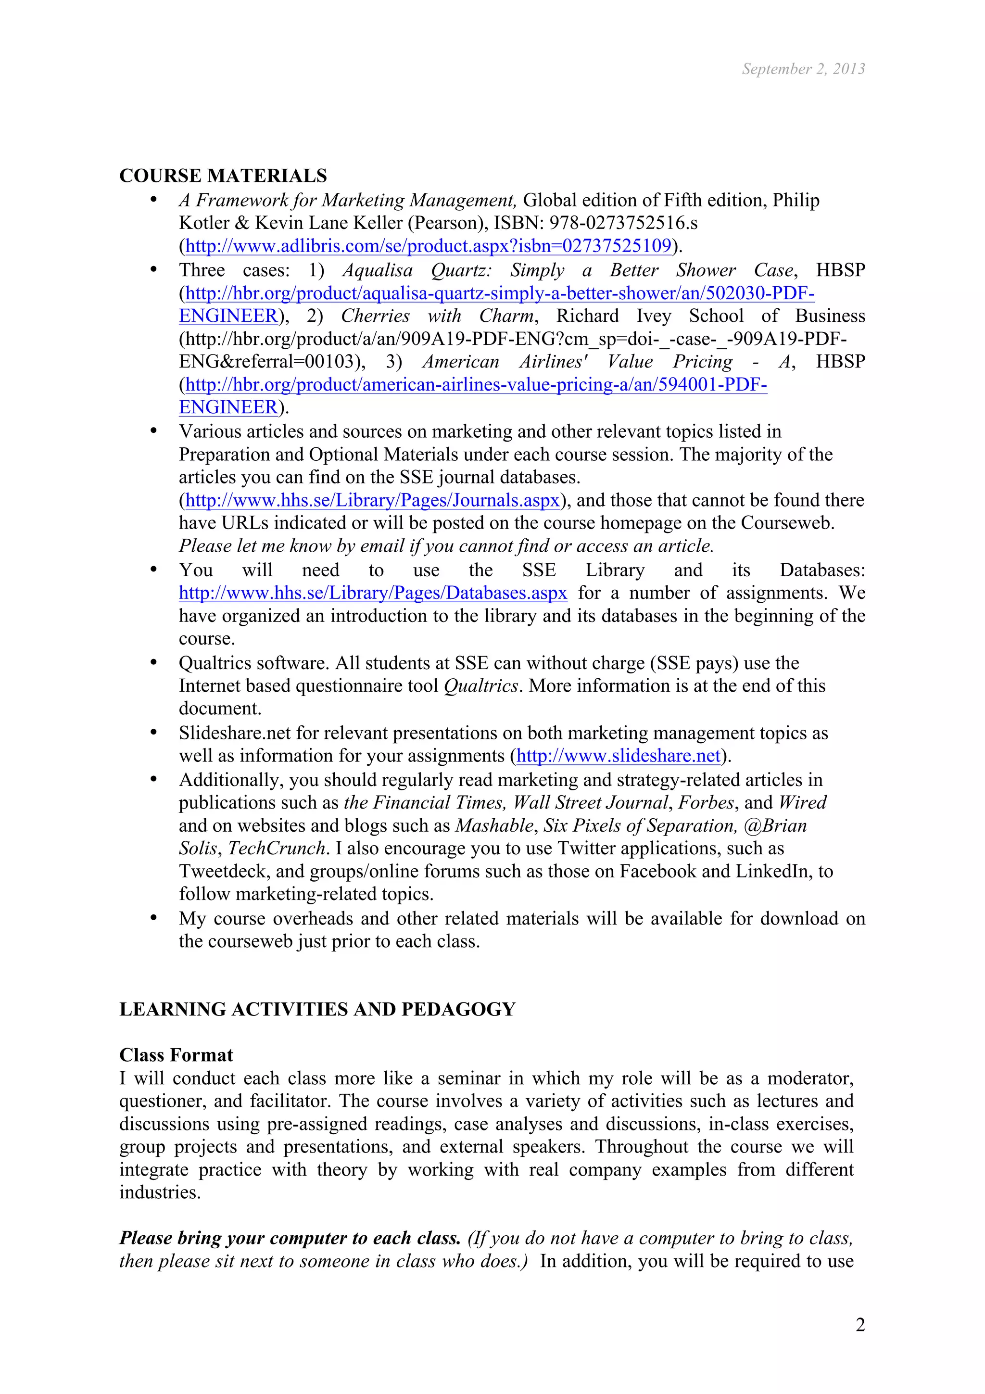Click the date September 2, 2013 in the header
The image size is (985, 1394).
pos(803,69)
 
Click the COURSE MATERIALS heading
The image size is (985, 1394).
pos(223,176)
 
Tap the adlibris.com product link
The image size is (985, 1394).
pos(428,246)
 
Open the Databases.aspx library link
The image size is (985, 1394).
pos(373,593)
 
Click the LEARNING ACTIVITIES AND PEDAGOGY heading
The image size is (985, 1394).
pos(317,1009)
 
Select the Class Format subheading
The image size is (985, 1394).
pos(176,1055)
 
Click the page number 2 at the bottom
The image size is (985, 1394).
pos(860,1325)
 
